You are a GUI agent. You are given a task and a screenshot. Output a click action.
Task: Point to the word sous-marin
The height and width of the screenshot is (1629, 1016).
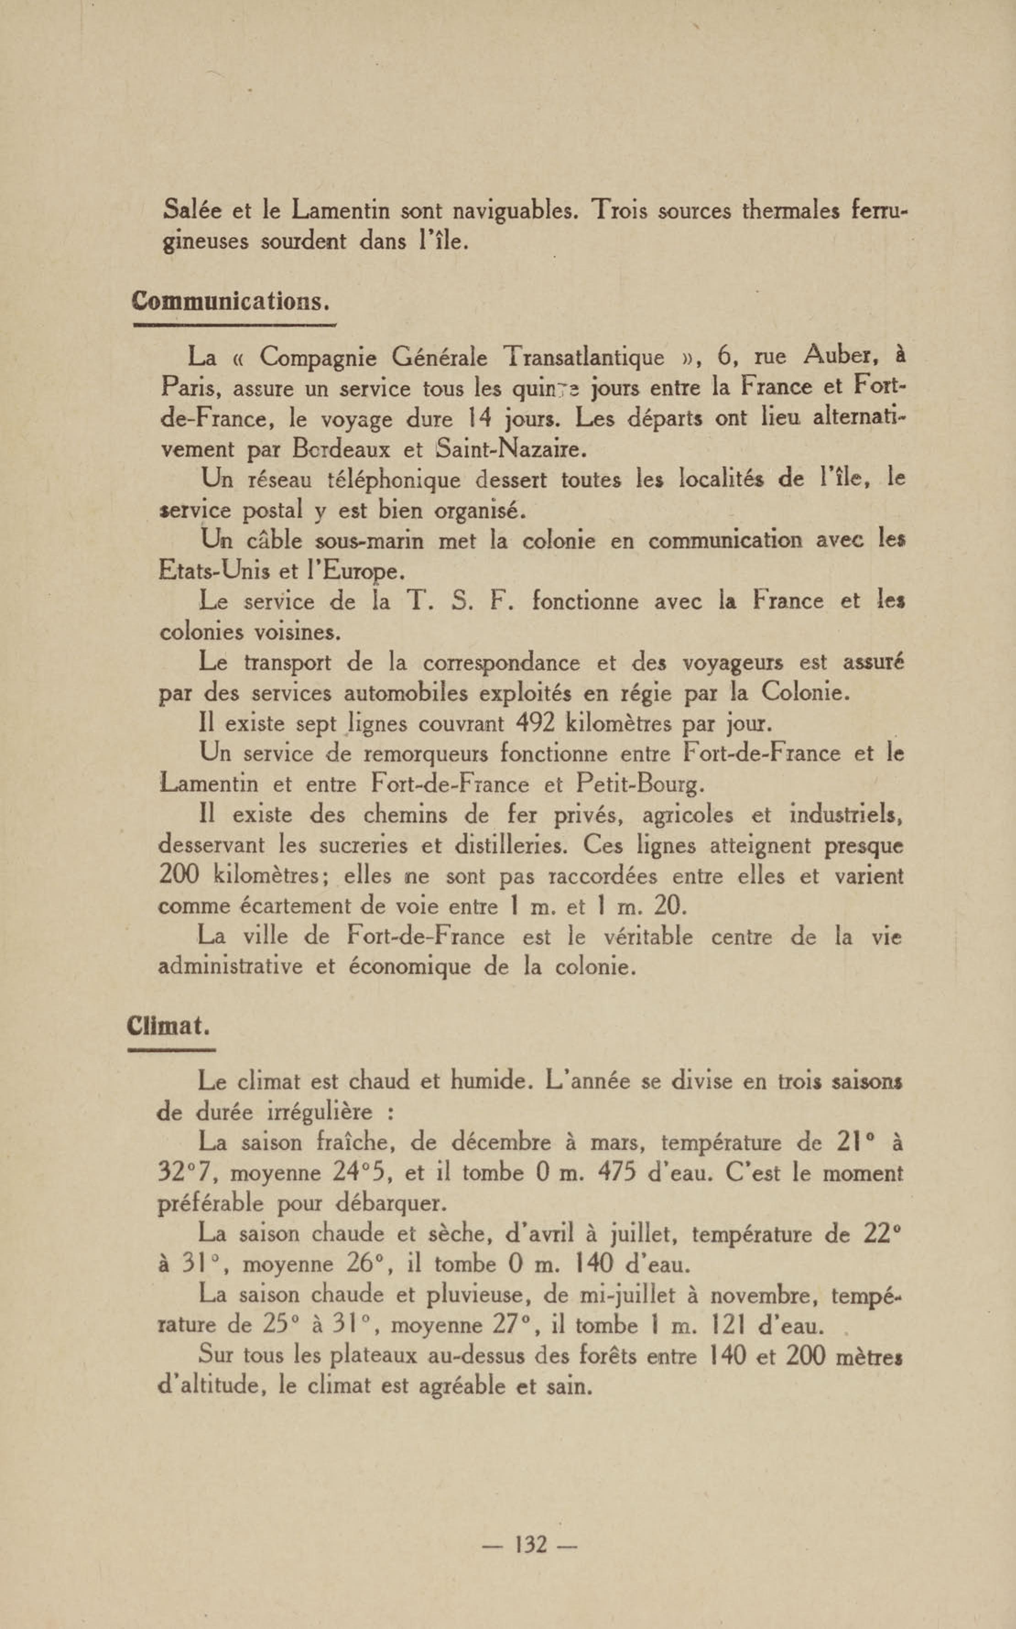tap(369, 541)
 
